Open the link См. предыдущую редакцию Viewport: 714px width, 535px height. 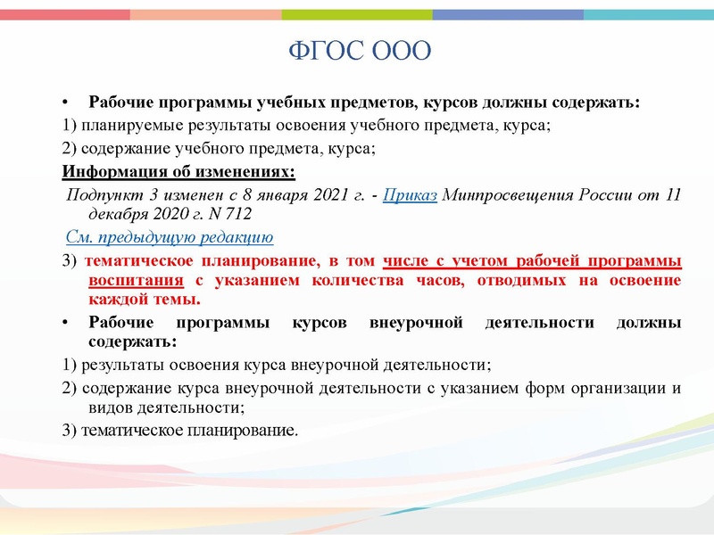click(x=170, y=237)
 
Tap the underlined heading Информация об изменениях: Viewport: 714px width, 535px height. click(x=178, y=171)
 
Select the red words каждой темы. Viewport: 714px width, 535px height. click(x=133, y=300)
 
